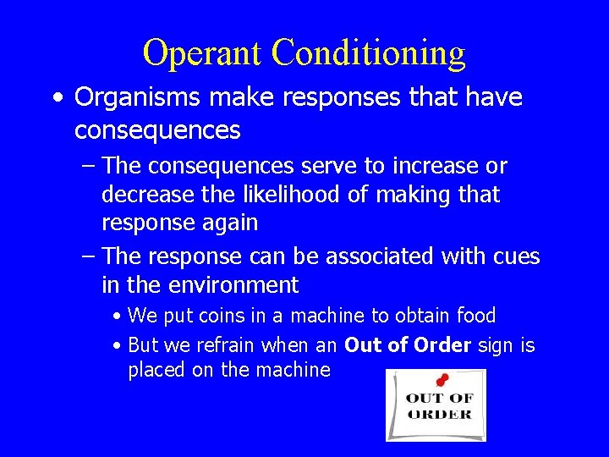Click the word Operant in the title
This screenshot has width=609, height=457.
203,52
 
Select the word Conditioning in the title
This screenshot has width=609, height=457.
368,52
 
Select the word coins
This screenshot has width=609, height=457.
220,317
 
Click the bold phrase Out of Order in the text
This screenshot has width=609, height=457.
408,345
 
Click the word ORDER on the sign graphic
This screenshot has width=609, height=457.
439,414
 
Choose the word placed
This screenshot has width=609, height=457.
157,371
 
